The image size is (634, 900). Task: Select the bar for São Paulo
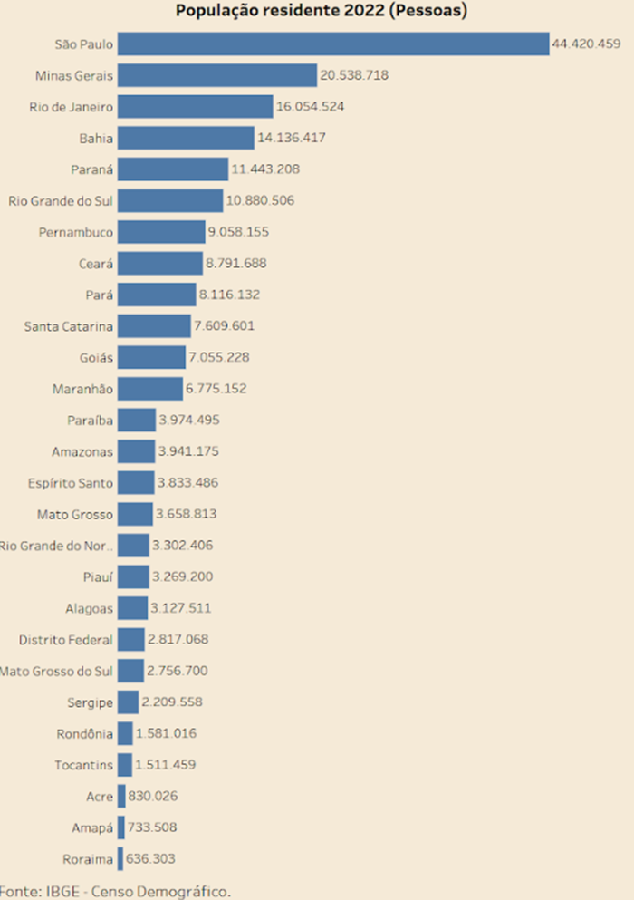click(333, 44)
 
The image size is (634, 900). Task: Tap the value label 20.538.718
click(354, 75)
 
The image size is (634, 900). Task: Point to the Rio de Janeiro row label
click(71, 107)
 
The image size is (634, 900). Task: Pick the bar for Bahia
click(186, 138)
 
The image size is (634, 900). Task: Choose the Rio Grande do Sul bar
click(170, 200)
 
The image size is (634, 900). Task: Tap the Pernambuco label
click(76, 232)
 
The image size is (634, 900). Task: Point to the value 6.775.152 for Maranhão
click(216, 389)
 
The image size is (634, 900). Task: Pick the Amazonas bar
click(136, 451)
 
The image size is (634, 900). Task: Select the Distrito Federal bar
click(130, 640)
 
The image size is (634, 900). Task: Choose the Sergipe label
click(90, 702)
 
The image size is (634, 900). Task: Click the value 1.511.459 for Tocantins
click(165, 765)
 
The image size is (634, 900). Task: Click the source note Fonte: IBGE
click(116, 891)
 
